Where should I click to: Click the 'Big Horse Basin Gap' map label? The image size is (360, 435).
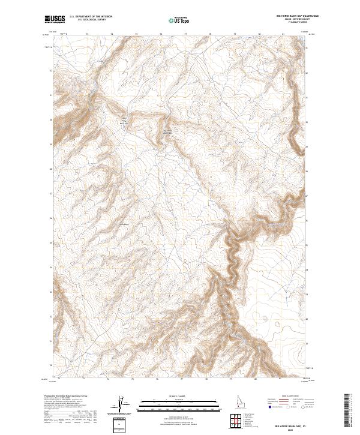pyautogui.click(x=167, y=132)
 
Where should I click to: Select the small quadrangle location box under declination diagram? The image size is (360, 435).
pyautogui.click(x=122, y=424)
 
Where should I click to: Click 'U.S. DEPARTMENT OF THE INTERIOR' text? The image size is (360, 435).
pyautogui.click(x=91, y=16)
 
